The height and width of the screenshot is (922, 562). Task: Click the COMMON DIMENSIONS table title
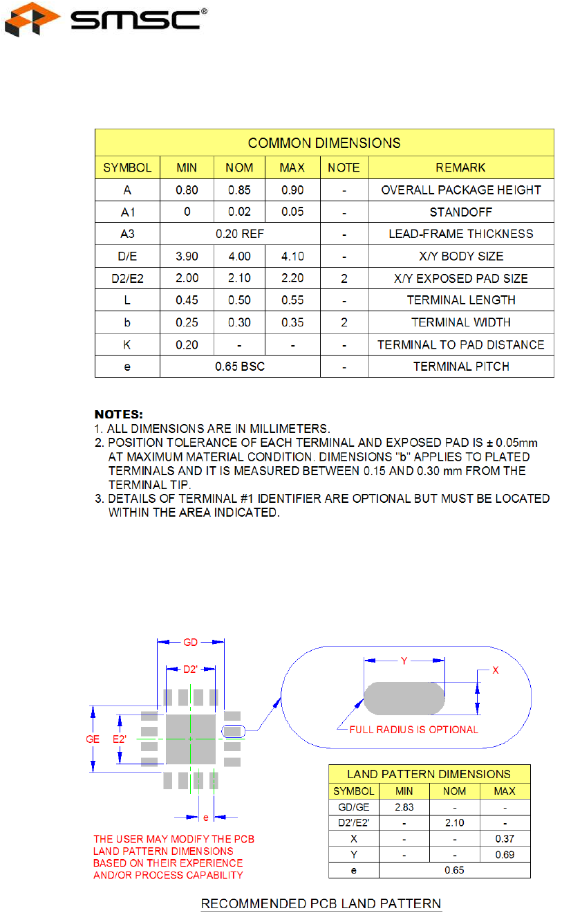(x=324, y=143)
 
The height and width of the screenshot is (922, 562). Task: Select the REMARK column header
(x=461, y=167)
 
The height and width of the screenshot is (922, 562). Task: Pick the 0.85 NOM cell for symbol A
(x=240, y=190)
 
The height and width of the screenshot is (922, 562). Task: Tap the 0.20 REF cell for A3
(x=240, y=234)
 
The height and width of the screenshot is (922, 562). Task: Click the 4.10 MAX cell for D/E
(x=292, y=256)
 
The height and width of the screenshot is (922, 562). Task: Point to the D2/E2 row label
(x=127, y=278)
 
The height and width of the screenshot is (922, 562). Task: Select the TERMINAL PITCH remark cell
(x=461, y=367)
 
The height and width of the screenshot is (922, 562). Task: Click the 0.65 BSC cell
(x=240, y=367)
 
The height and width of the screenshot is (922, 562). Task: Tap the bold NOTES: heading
(x=118, y=415)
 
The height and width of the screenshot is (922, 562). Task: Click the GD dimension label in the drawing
(x=191, y=643)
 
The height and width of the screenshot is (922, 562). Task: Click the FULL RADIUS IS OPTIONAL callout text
(x=413, y=729)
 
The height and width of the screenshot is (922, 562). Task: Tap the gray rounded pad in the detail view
(x=404, y=699)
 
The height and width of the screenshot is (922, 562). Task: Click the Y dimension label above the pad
(x=404, y=661)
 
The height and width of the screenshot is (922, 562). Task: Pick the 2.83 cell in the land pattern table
(x=404, y=806)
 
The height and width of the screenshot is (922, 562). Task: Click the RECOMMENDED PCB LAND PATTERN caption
(x=321, y=904)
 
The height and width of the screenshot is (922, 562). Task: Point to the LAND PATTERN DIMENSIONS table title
(x=429, y=774)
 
